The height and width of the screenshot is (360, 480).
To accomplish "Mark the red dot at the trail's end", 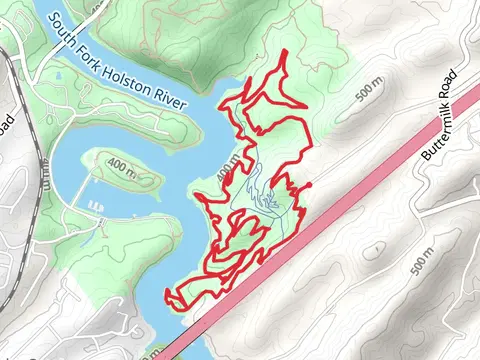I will point(307,186).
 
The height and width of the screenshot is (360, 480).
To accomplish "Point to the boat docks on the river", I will point(96,207).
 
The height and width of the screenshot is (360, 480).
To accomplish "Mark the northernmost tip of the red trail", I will point(287,50).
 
